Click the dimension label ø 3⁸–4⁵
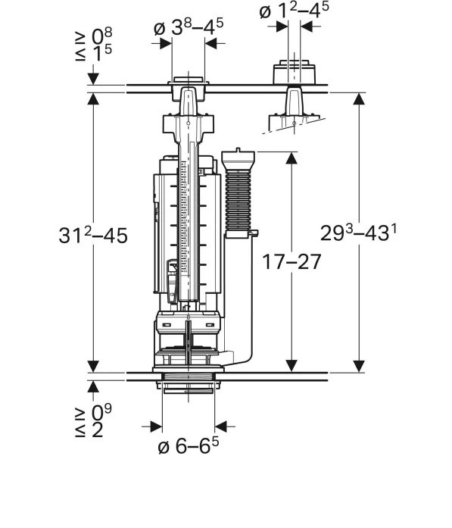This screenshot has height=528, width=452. click(189, 27)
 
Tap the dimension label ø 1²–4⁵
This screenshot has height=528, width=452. click(294, 11)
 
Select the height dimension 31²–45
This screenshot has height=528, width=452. click(93, 235)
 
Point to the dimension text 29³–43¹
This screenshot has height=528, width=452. click(358, 233)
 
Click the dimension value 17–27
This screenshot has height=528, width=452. click(291, 262)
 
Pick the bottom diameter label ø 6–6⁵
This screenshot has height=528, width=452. click(189, 446)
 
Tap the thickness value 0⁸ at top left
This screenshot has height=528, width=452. click(101, 36)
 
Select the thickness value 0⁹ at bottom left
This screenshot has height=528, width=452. click(101, 412)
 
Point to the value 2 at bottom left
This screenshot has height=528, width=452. click(98, 430)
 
